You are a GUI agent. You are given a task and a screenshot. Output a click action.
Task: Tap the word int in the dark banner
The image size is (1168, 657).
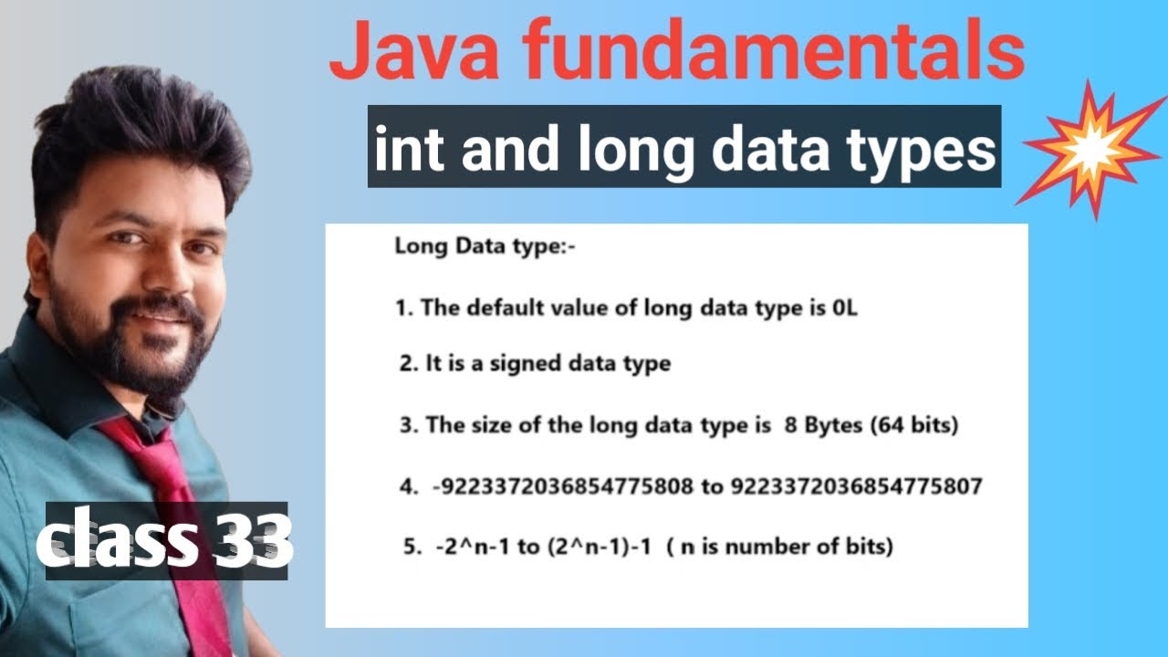[406, 149]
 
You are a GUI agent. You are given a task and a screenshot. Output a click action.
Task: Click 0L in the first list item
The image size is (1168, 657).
[845, 308]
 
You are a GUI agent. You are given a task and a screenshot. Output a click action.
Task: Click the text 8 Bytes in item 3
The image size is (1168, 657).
[821, 425]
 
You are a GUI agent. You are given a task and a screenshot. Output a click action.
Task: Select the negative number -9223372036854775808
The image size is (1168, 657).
[563, 486]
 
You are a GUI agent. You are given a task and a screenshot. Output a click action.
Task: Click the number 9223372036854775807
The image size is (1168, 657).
[856, 486]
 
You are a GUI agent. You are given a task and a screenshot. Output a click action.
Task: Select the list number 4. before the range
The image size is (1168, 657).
[408, 486]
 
